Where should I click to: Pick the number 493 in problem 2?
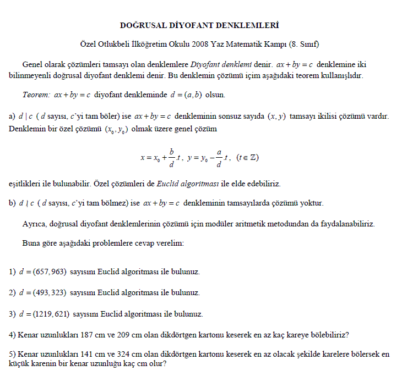[x=43, y=293]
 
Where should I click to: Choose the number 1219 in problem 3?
[x=45, y=314]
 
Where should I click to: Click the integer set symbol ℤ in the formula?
[x=253, y=158]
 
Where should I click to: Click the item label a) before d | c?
[x=12, y=117]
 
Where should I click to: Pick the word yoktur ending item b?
[x=313, y=203]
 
